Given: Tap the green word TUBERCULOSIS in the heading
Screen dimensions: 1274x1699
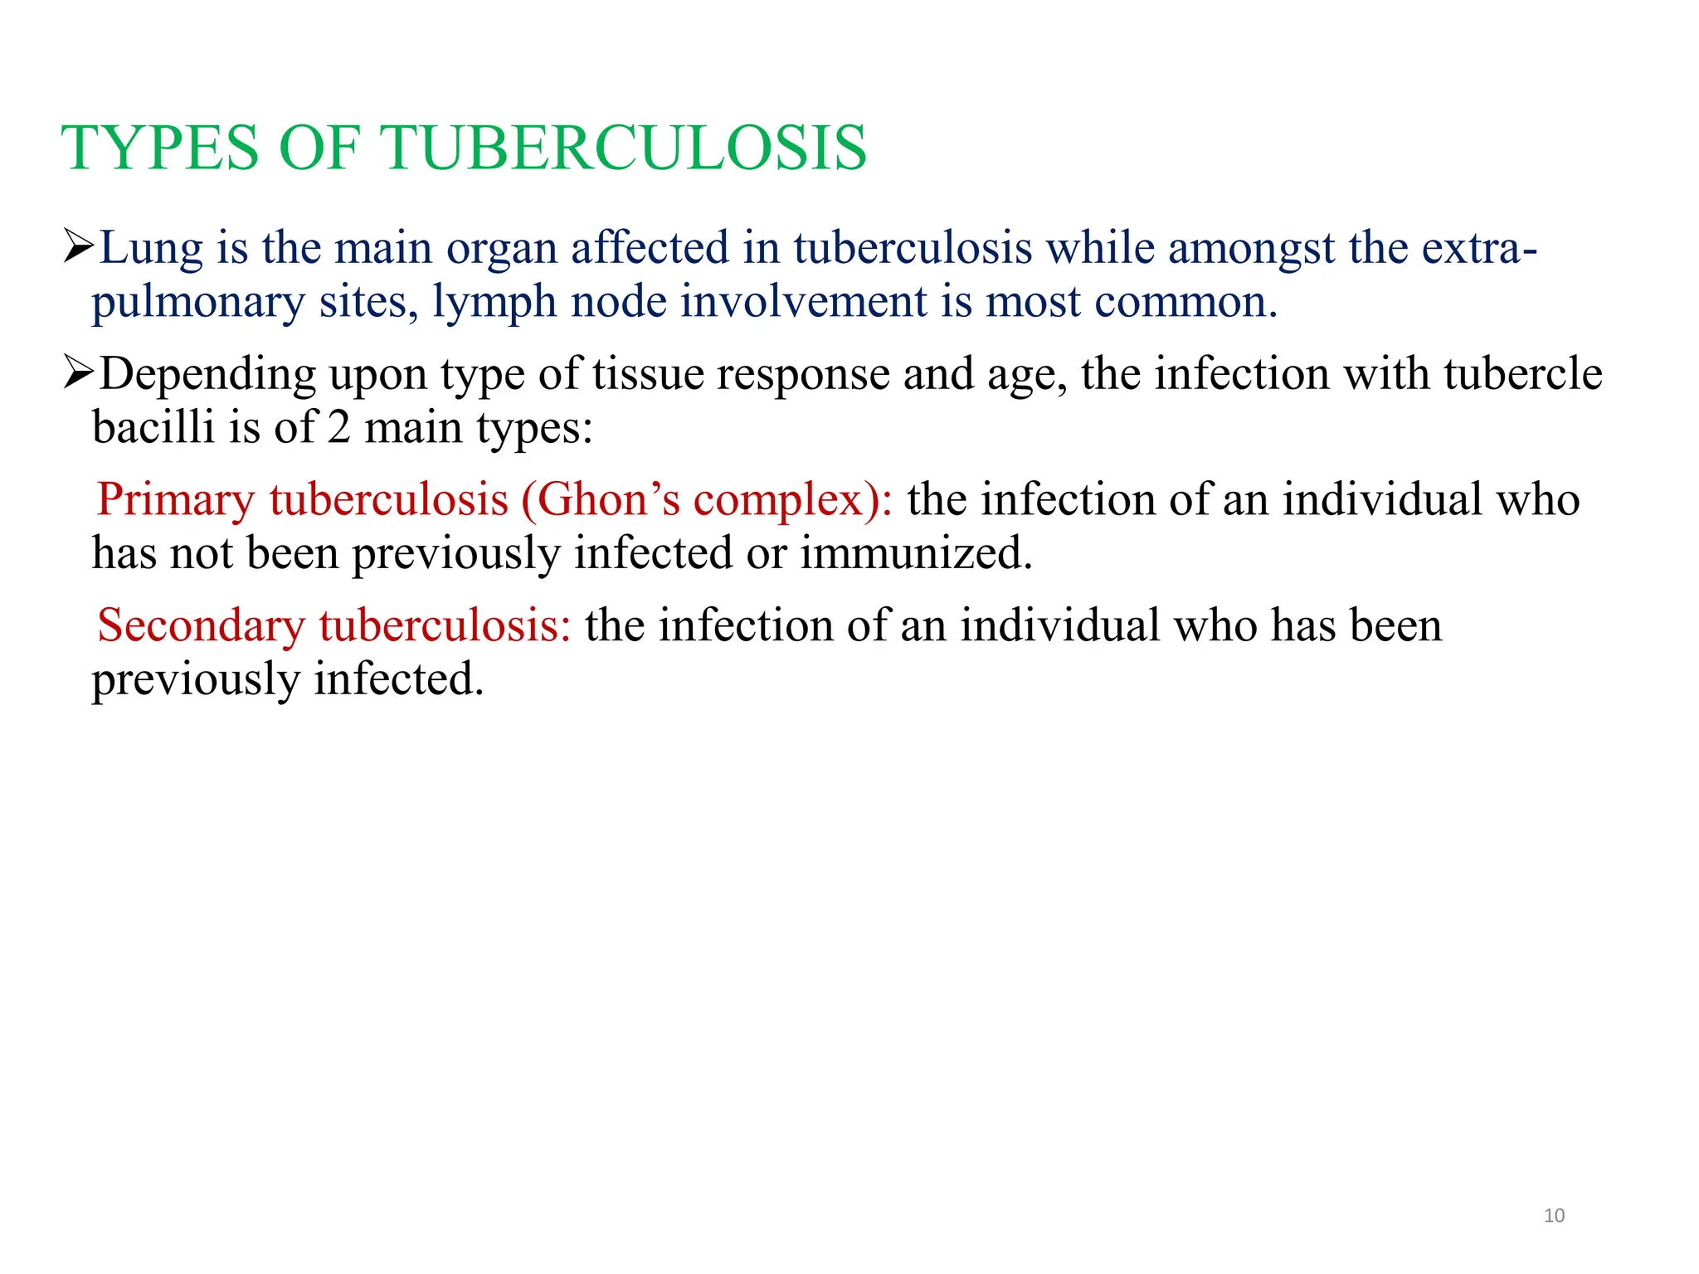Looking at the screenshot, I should click(x=623, y=148).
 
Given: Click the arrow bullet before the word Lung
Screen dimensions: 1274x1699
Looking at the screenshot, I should click(x=79, y=246).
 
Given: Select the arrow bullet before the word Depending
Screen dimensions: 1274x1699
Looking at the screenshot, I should click(x=79, y=373).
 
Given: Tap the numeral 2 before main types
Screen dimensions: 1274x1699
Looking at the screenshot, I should click(x=338, y=428).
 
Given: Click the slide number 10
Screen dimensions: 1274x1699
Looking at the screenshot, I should click(x=1554, y=1216).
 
